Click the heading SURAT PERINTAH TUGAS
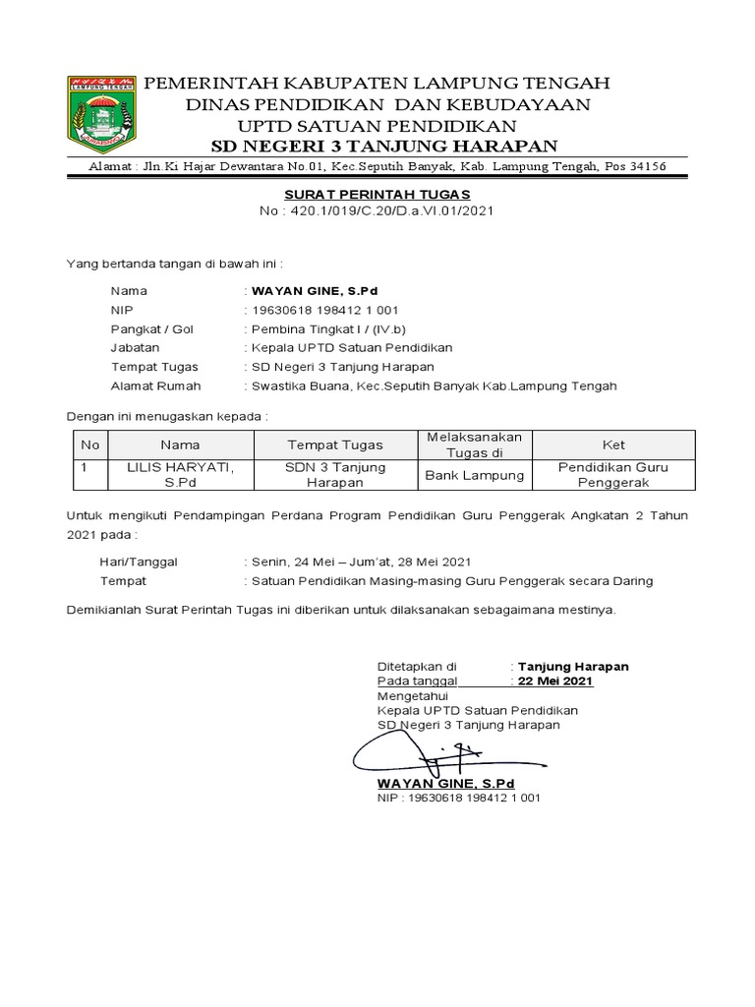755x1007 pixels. coord(377,195)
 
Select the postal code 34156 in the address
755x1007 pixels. coord(645,166)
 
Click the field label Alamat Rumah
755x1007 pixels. coord(156,385)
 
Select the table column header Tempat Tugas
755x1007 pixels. coord(335,444)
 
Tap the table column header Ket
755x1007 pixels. coord(613,444)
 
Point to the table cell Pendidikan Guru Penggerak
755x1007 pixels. coord(612,475)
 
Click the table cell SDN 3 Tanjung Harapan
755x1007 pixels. coord(335,475)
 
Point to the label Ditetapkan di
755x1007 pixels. coord(417,666)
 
